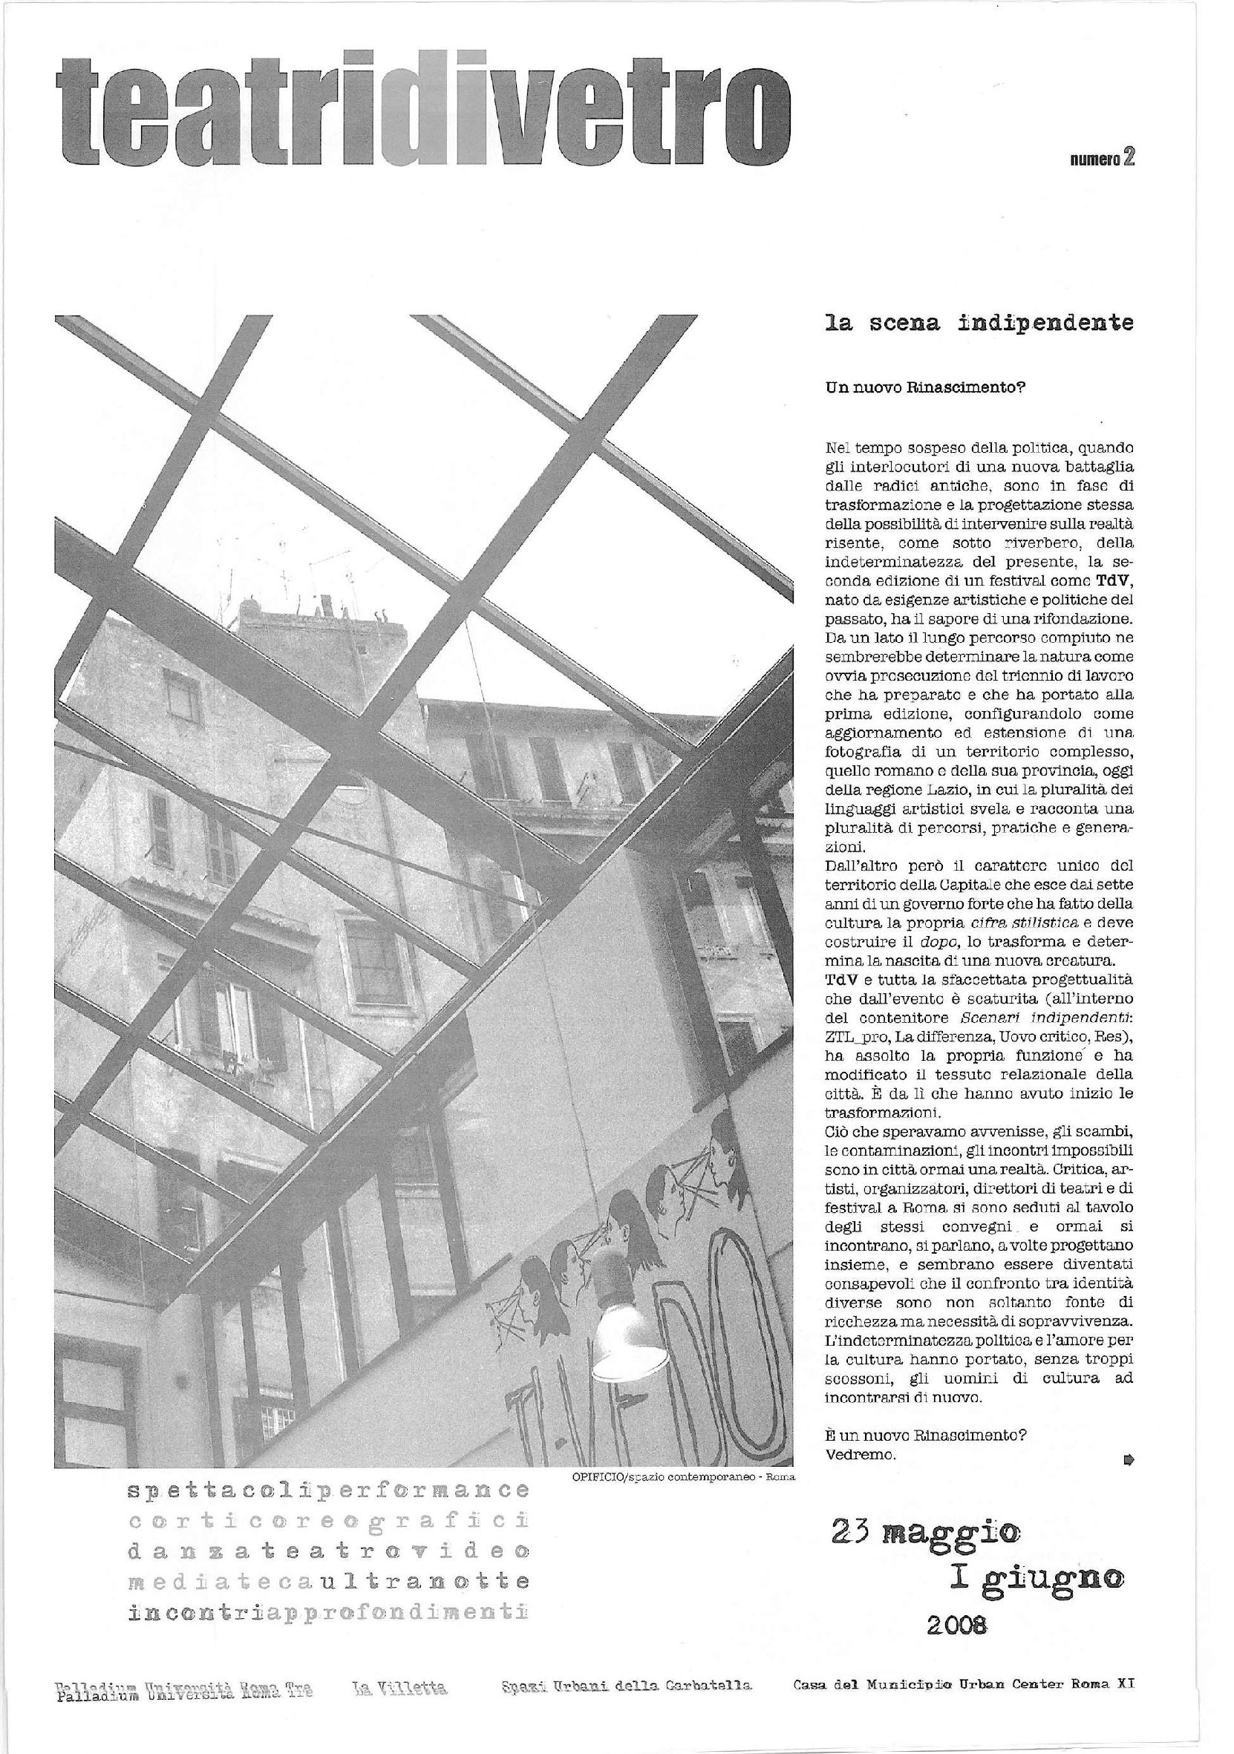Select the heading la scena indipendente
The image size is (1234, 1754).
pyautogui.click(x=979, y=324)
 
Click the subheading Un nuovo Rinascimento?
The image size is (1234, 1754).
pyautogui.click(x=924, y=387)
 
